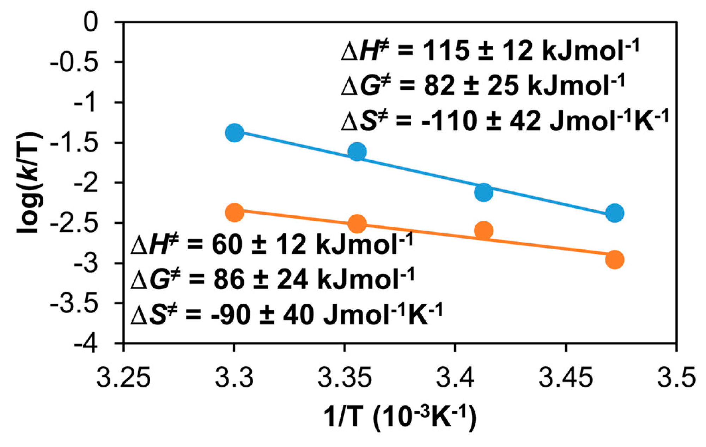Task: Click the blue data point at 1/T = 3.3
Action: point(234,133)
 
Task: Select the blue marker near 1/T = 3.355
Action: point(357,152)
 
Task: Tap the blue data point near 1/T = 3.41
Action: point(483,192)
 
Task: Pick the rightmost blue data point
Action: point(615,213)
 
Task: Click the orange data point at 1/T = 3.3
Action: point(234,213)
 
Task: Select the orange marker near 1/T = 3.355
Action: point(357,224)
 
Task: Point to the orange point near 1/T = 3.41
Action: point(483,231)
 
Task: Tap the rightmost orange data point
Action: point(615,260)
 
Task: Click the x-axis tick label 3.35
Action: point(344,378)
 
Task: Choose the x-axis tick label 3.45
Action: point(566,378)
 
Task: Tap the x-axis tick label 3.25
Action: point(123,378)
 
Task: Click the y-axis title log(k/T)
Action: point(30,183)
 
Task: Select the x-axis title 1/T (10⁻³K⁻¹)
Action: point(400,418)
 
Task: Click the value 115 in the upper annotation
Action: point(446,51)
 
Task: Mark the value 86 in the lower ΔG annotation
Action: point(229,280)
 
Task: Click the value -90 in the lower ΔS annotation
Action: point(231,315)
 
